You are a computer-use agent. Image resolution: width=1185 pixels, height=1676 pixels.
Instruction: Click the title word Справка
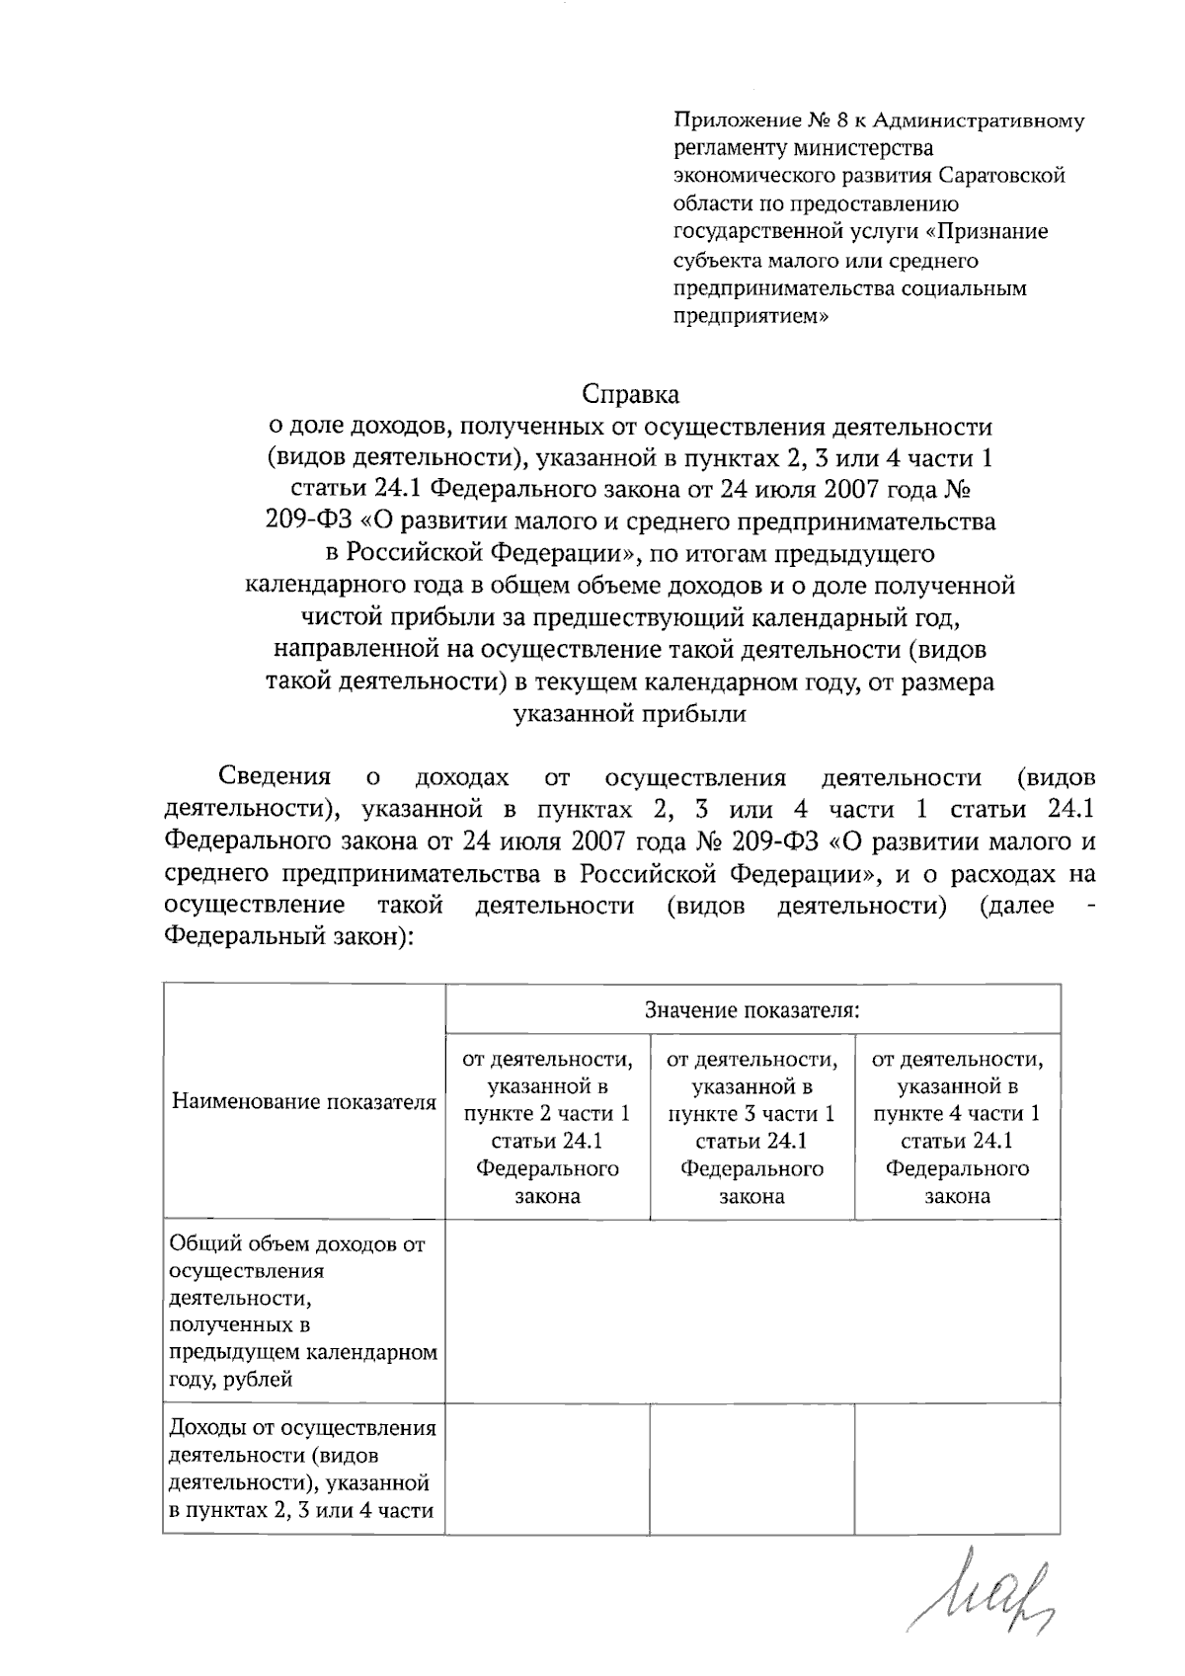(630, 395)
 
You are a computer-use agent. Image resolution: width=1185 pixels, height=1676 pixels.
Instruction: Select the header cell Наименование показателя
(304, 1102)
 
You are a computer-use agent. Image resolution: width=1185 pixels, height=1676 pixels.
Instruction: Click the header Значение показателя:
(751, 1009)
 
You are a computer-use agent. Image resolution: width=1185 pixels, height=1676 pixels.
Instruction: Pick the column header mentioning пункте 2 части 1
(547, 1127)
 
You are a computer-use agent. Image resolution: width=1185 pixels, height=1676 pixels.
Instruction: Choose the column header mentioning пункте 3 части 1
(751, 1127)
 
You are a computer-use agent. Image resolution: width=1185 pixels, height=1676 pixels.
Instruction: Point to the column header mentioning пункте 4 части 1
(957, 1127)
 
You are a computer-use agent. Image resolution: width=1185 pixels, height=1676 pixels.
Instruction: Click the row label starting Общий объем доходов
(303, 1311)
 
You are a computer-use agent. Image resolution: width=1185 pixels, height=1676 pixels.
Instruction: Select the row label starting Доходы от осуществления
(303, 1469)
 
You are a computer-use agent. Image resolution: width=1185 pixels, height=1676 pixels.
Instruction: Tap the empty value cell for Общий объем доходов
(751, 1311)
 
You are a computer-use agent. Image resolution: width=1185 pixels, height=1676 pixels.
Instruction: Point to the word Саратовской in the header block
(1001, 177)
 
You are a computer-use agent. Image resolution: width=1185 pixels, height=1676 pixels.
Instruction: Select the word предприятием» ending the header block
(750, 317)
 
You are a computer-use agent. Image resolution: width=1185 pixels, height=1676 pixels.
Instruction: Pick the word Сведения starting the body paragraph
(274, 777)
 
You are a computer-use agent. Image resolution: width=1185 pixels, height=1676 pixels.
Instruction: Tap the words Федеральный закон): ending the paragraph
(286, 935)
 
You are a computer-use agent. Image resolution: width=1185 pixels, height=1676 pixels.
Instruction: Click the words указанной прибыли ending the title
(630, 714)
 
